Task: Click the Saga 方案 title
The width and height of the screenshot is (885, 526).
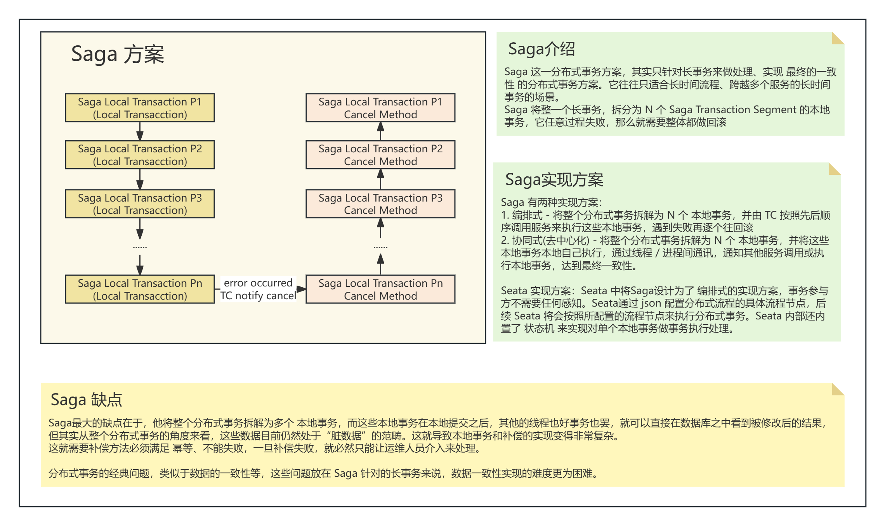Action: click(x=117, y=54)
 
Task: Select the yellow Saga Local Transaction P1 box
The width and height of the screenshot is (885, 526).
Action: click(x=140, y=108)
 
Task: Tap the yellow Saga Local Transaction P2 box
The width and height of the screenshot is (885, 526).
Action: click(x=140, y=155)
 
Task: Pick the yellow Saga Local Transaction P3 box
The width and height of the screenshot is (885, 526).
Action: click(x=140, y=204)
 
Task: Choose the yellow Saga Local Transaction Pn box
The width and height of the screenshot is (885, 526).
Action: click(x=140, y=289)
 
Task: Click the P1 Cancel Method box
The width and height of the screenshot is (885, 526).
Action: click(x=380, y=108)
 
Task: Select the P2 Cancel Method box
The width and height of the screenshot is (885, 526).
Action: click(x=380, y=155)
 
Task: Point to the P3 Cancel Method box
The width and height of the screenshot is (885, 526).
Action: click(x=380, y=204)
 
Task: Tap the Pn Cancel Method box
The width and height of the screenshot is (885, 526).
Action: click(x=380, y=289)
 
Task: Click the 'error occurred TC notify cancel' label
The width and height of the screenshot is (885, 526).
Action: click(x=258, y=289)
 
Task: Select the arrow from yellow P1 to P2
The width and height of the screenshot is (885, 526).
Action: click(x=140, y=131)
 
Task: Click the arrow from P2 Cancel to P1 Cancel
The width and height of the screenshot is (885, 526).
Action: click(x=380, y=131)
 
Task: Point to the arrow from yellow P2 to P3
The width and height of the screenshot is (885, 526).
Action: click(x=140, y=179)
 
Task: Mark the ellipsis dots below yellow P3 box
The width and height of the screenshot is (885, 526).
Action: click(x=140, y=247)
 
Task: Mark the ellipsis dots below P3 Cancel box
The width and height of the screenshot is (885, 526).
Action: click(x=380, y=247)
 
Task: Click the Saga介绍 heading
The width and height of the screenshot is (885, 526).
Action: click(x=541, y=49)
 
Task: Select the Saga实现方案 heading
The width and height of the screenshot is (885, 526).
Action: click(x=554, y=180)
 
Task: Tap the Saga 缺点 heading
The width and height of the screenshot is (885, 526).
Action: click(x=86, y=400)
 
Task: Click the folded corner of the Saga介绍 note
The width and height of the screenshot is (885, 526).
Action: click(x=838, y=38)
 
